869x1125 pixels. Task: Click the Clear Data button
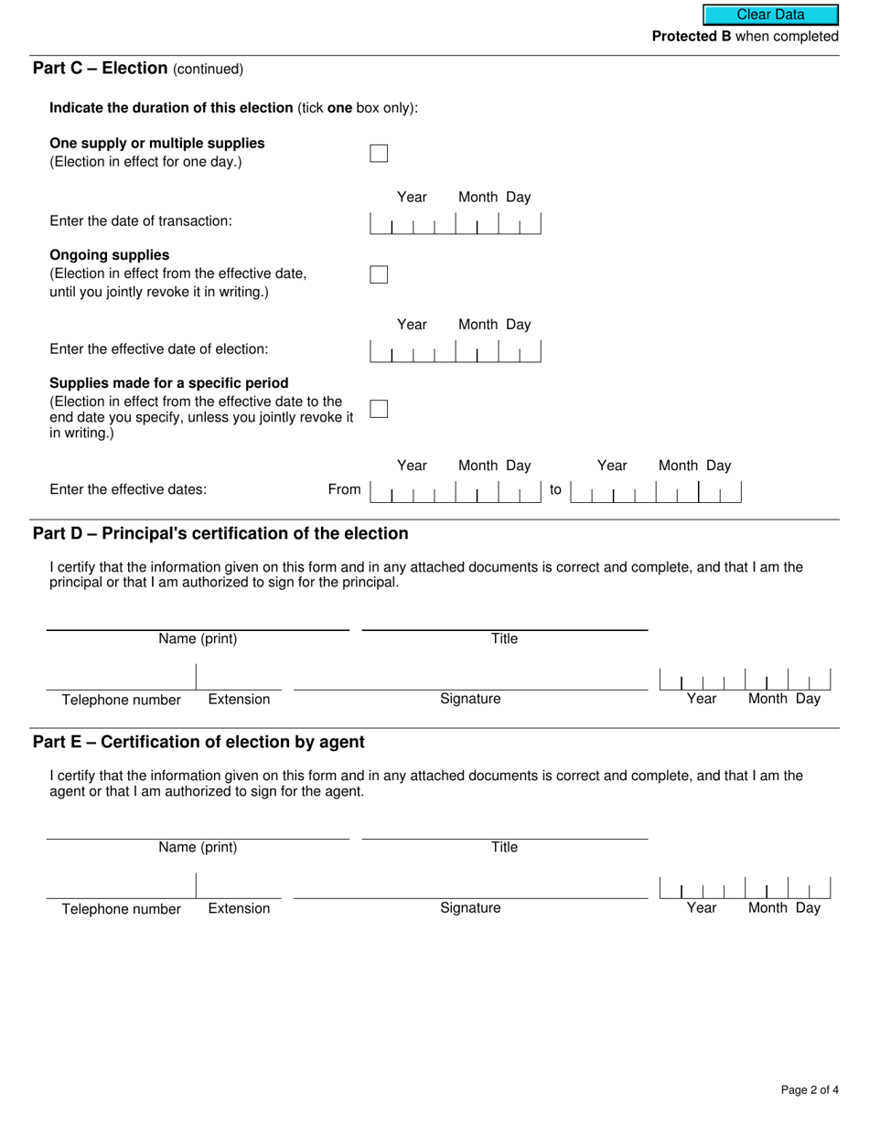770,15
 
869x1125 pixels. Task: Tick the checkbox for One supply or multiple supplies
379,153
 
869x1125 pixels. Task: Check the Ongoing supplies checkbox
379,274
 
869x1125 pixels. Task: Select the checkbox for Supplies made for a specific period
379,409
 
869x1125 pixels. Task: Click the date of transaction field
455,223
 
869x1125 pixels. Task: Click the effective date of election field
455,351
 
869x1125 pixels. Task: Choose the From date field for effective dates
455,492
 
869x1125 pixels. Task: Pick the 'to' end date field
655,492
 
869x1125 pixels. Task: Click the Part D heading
220,533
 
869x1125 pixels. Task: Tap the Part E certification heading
198,742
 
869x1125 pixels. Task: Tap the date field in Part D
745,680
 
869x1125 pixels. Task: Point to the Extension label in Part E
239,908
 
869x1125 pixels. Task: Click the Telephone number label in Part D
122,700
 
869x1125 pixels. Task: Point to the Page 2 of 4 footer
810,1089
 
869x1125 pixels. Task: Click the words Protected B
691,37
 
